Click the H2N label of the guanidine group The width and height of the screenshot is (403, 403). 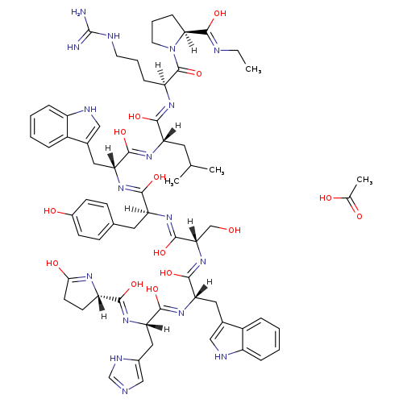pos(78,12)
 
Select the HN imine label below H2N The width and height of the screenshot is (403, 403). pos(73,48)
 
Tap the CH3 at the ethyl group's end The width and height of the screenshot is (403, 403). pos(253,69)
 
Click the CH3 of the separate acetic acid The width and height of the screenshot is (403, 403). pos(364,180)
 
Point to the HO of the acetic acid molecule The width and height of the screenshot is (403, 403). pos(326,198)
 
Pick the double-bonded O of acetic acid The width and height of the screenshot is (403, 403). pos(359,216)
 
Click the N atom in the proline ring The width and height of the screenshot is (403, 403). pos(172,49)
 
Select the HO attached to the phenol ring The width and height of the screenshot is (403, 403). pos(50,211)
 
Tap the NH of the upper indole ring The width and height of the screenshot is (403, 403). pos(90,110)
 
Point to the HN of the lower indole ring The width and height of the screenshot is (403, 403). pos(221,357)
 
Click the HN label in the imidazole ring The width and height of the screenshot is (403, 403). pos(116,359)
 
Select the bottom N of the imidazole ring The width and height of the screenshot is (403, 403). pos(125,392)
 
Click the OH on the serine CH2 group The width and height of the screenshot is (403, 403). pos(235,230)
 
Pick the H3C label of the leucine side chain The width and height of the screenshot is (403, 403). pos(172,181)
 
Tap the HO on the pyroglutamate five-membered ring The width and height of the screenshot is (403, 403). pos(52,263)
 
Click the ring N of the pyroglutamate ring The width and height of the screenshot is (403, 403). pos(89,276)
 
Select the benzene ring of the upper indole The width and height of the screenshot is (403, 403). pos(48,127)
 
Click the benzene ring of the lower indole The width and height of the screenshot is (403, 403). pos(261,339)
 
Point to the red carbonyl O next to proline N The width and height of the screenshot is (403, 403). pos(199,73)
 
